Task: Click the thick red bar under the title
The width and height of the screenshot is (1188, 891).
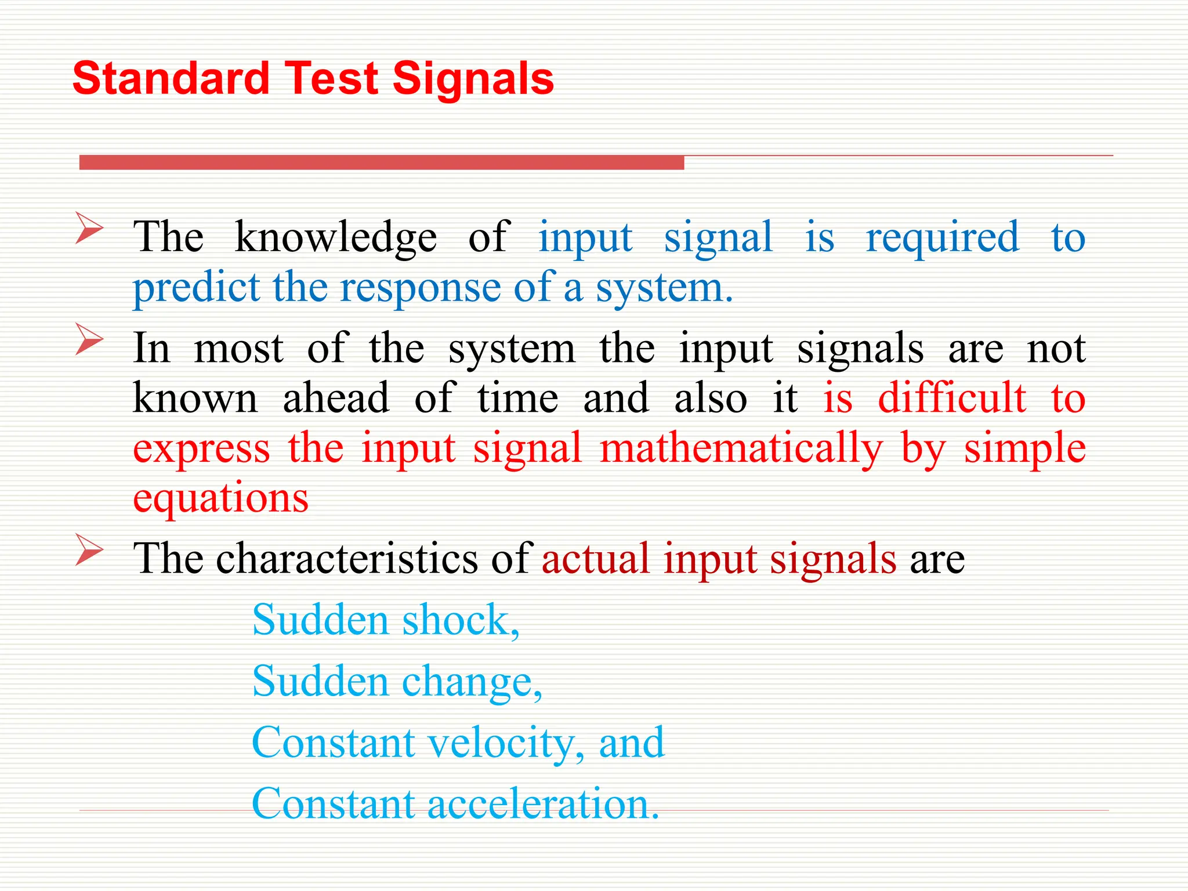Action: [x=381, y=162]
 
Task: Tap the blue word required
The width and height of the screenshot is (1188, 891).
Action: [x=942, y=238]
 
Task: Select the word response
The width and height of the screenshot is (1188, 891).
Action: [x=420, y=288]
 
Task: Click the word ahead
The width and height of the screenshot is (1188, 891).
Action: [x=336, y=399]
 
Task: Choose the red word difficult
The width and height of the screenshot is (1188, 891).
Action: [x=951, y=399]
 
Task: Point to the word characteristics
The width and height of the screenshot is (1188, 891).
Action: [x=347, y=559]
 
